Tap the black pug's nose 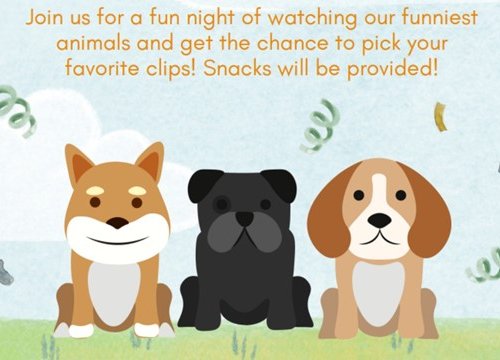(244, 218)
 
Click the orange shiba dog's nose (118, 222)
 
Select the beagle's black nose (379, 221)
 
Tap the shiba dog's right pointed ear (149, 162)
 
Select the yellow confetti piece (441, 117)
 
